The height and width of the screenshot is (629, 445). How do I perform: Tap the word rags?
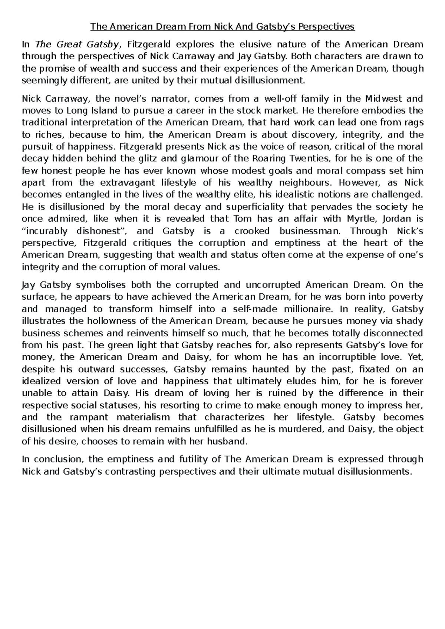pyautogui.click(x=414, y=123)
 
